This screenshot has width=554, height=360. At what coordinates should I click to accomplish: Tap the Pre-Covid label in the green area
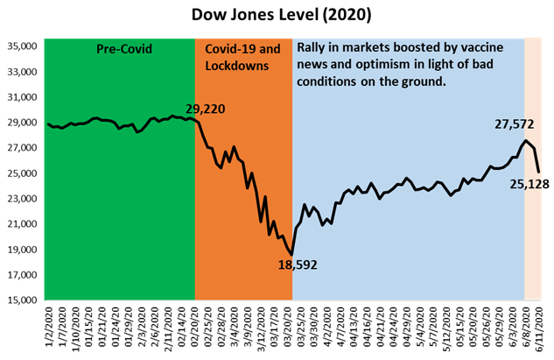pos(123,49)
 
